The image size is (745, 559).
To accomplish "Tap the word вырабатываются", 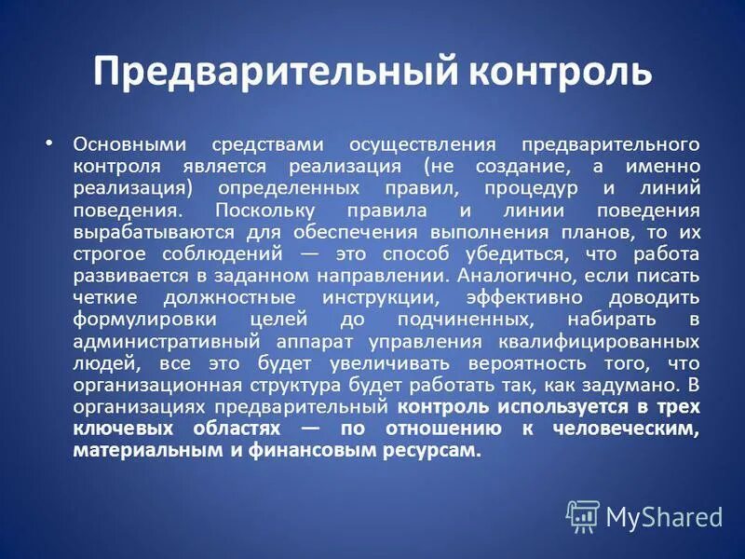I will coord(150,231).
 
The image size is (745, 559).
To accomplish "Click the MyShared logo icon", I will coord(583,514).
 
